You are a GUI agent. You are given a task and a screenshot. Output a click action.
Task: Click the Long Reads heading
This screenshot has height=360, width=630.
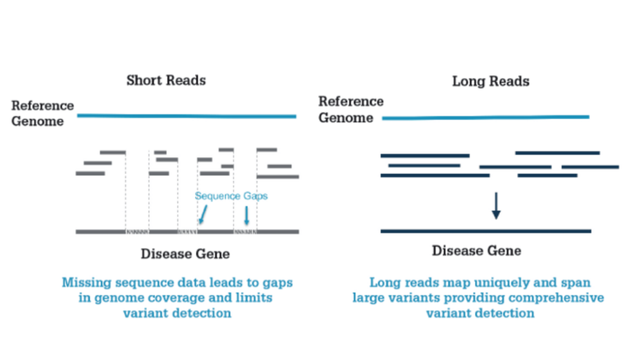point(491,81)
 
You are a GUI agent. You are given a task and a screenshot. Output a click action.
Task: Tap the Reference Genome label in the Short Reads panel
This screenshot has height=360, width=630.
point(42,114)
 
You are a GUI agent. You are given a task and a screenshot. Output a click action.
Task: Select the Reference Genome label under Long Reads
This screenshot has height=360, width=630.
point(350,110)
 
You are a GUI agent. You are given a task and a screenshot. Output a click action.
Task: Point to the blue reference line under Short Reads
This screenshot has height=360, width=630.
point(187,116)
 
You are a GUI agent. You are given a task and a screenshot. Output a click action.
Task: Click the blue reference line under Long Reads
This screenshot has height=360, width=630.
point(486,118)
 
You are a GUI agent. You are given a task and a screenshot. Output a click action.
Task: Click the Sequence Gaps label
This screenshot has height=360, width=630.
point(231,196)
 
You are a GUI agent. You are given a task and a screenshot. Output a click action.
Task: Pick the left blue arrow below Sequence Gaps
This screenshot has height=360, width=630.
point(203,216)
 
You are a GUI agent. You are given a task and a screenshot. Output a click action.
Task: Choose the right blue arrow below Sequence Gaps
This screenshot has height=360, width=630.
point(247,216)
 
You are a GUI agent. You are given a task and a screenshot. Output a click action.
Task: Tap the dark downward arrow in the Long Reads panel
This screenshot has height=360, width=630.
point(495,206)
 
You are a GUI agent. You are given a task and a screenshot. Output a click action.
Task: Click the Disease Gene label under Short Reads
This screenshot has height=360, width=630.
point(185,253)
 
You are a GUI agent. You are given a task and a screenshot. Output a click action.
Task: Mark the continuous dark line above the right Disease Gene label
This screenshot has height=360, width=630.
point(486,231)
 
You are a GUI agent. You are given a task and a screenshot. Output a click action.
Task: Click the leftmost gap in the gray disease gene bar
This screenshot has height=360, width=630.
point(136,232)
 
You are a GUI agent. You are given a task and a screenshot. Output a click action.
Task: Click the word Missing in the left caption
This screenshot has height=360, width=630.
point(88,282)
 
